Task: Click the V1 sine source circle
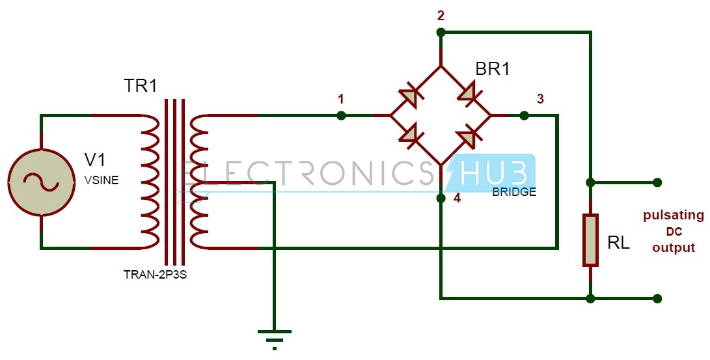(40, 182)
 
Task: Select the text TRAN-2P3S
(156, 274)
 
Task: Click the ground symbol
(275, 337)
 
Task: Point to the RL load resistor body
(590, 240)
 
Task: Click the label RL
(618, 243)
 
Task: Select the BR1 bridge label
(493, 68)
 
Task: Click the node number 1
(341, 99)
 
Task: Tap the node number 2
(441, 16)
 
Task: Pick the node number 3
(539, 99)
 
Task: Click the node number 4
(457, 198)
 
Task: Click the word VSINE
(102, 180)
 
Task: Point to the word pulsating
(674, 215)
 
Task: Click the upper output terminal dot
(658, 182)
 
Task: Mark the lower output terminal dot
(658, 299)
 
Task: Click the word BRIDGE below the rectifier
(514, 192)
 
